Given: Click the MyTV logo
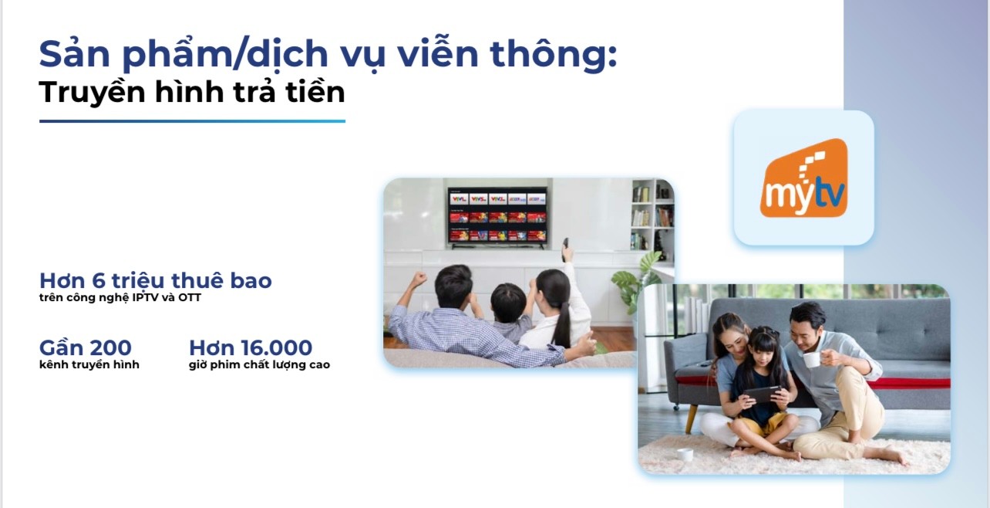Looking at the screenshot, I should [x=803, y=178].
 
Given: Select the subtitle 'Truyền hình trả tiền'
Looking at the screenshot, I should [x=192, y=92].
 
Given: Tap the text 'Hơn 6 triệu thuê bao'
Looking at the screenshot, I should [x=156, y=280].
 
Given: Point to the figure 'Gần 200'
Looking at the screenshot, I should [x=86, y=347].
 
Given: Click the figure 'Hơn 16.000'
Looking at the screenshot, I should [x=251, y=347].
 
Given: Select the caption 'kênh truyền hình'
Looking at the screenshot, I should [x=89, y=364].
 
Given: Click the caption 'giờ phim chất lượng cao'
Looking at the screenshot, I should [x=259, y=364].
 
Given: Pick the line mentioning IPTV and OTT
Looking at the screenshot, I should [x=120, y=297].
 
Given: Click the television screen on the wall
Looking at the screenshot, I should [x=497, y=216].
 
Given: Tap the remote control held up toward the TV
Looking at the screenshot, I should [x=567, y=250].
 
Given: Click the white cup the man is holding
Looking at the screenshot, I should [x=811, y=359].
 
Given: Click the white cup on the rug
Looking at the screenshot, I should [x=685, y=455].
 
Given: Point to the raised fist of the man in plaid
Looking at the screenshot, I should [x=418, y=279].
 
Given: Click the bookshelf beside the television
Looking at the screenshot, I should [x=652, y=216].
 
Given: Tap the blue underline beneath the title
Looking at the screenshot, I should [x=192, y=121].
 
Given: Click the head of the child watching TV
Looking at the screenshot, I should [x=509, y=302].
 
